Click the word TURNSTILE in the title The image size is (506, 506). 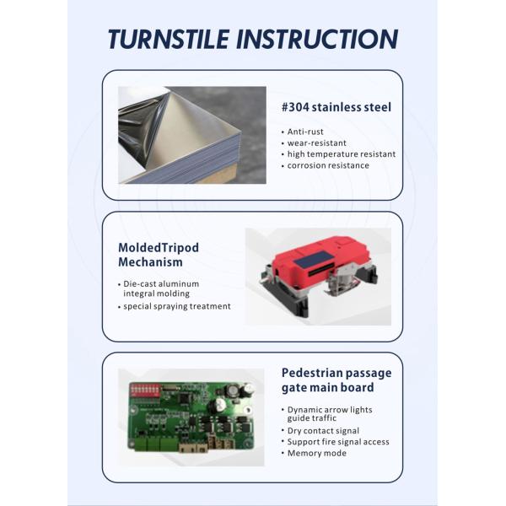pos(169,40)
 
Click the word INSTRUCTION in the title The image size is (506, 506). pos(317,40)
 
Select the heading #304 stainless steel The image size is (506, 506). pos(336,107)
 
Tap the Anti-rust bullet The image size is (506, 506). pos(305,132)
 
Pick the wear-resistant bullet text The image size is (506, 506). pos(316,143)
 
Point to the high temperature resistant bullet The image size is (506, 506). pos(342,154)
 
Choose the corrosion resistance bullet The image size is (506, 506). pos(328,165)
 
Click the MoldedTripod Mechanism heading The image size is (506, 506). pos(159,255)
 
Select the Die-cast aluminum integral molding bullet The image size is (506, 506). pos(161,288)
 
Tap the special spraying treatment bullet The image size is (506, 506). pos(177,306)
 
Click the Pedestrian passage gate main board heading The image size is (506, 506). pos(336,379)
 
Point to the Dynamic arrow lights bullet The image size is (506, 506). pos(330,414)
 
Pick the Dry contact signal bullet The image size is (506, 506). pos(323,431)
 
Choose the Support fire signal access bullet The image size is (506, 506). pos(338,442)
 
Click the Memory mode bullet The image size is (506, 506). pos(316,453)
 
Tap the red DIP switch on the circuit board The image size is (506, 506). pos(145,390)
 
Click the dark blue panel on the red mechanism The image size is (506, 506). pos(314,259)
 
